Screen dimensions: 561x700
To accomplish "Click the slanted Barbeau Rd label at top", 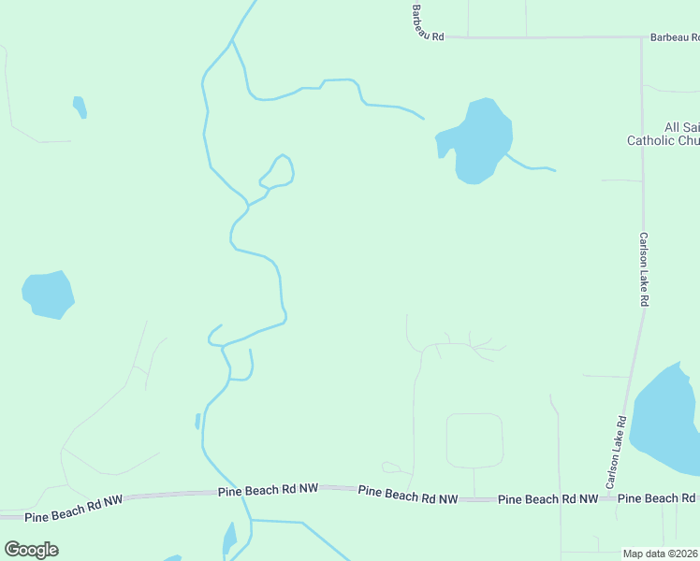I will click(426, 21).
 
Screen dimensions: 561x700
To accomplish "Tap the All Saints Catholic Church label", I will click(663, 134).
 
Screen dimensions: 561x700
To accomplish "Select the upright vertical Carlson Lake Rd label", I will click(644, 270).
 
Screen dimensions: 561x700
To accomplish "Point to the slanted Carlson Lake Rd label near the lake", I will click(615, 452).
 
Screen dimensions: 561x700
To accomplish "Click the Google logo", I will click(31, 550).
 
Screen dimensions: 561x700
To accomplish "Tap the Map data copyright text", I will click(661, 554).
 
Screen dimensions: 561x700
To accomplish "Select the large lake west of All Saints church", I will click(480, 140).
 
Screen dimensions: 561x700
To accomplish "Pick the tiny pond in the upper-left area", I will click(80, 107).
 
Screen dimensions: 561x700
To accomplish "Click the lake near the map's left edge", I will click(47, 295).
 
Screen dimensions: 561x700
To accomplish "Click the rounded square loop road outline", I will click(474, 439).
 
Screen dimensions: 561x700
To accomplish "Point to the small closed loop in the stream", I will click(279, 171).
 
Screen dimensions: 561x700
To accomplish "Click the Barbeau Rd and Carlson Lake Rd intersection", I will click(641, 38).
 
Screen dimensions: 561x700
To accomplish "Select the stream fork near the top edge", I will click(232, 40).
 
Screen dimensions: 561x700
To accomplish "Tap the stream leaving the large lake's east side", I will click(531, 167).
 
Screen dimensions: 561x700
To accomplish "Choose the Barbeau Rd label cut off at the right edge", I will click(675, 38).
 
